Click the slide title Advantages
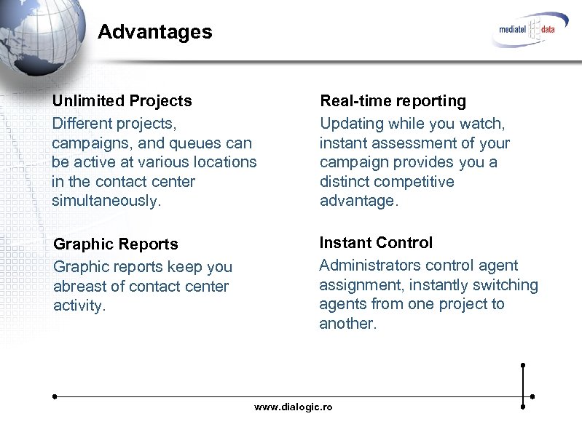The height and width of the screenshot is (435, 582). pyautogui.click(x=154, y=32)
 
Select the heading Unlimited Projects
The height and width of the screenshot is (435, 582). pyautogui.click(x=122, y=100)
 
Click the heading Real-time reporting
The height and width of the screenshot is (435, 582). pyautogui.click(x=393, y=100)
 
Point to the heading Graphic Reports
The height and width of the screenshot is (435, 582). pyautogui.click(x=116, y=244)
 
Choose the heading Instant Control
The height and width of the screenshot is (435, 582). pyautogui.click(x=376, y=243)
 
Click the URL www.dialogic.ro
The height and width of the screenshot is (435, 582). pyautogui.click(x=293, y=407)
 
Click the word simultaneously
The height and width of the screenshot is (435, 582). pyautogui.click(x=105, y=200)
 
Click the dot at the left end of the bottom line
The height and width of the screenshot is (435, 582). pyautogui.click(x=55, y=397)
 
